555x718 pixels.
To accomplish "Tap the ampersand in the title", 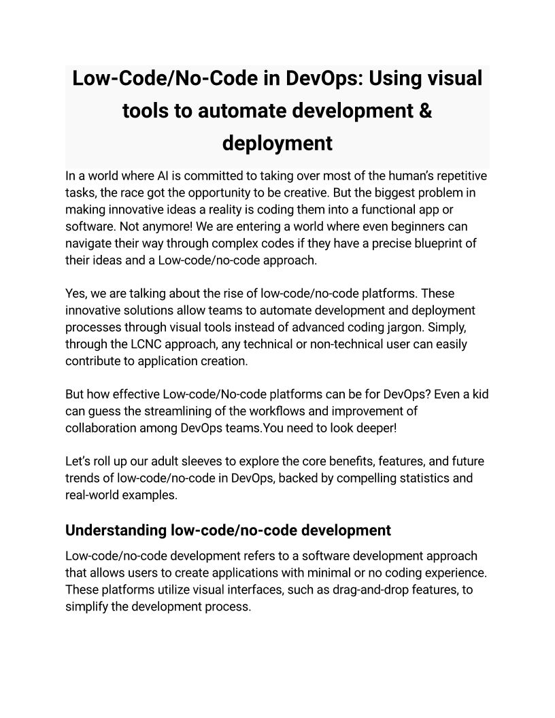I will [x=424, y=111].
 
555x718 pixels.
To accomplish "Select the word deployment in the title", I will [x=277, y=143].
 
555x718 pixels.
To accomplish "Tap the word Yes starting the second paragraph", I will [x=76, y=294].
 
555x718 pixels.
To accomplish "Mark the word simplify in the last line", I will [x=86, y=606].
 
